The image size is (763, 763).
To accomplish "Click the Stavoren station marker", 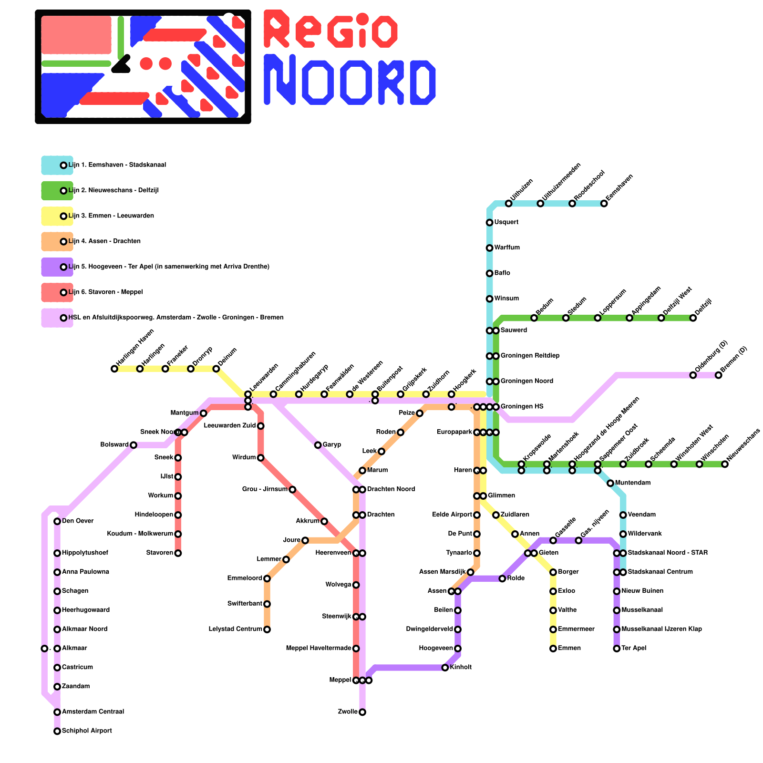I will pos(178,553).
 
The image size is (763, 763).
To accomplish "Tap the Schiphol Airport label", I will pos(87,731).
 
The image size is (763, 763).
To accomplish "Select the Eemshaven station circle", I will pos(604,204).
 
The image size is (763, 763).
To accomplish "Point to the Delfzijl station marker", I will pos(693,318).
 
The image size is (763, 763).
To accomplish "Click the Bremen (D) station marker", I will pos(718,375).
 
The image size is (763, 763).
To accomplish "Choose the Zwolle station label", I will pos(348,712).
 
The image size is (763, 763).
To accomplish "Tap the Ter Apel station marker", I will pos(617,649).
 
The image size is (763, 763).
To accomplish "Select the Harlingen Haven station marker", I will pos(114,369).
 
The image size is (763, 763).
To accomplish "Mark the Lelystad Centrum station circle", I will pos(267,629).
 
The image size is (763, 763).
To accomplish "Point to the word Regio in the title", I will pos(330,30).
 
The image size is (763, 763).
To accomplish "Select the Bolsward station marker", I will pos(134,445).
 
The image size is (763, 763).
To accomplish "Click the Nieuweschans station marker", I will pos(725,464).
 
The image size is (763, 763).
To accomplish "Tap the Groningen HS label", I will pos(522,407).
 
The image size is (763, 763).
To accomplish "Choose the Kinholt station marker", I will pos(445,668).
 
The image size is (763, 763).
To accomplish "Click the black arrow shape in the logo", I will pos(122,65).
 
